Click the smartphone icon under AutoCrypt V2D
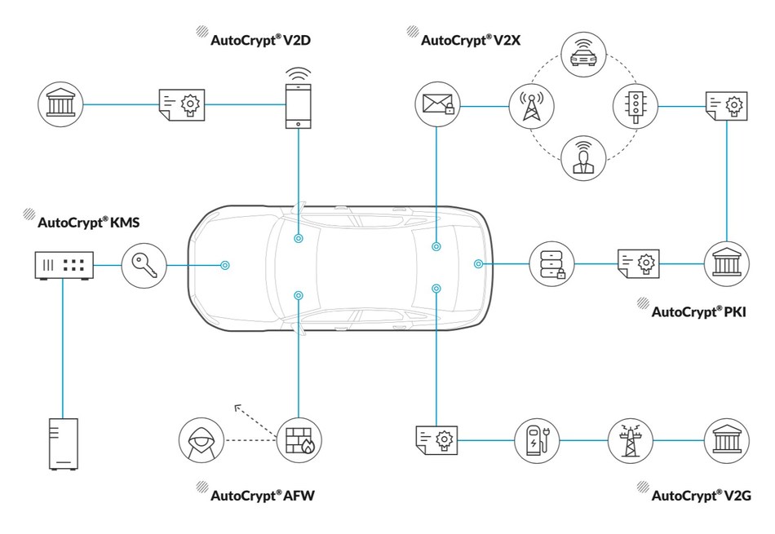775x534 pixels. click(x=299, y=104)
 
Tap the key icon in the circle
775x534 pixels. click(x=144, y=265)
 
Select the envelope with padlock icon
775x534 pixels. click(x=437, y=105)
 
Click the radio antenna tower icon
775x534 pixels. click(x=531, y=105)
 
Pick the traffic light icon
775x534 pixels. click(x=635, y=105)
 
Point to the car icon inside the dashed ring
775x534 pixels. click(x=582, y=56)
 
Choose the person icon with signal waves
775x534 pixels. click(x=582, y=156)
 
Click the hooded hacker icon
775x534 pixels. click(x=201, y=440)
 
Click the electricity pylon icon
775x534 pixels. click(x=631, y=440)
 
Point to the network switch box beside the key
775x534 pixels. click(x=64, y=265)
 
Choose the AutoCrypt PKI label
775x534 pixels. click(x=699, y=311)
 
